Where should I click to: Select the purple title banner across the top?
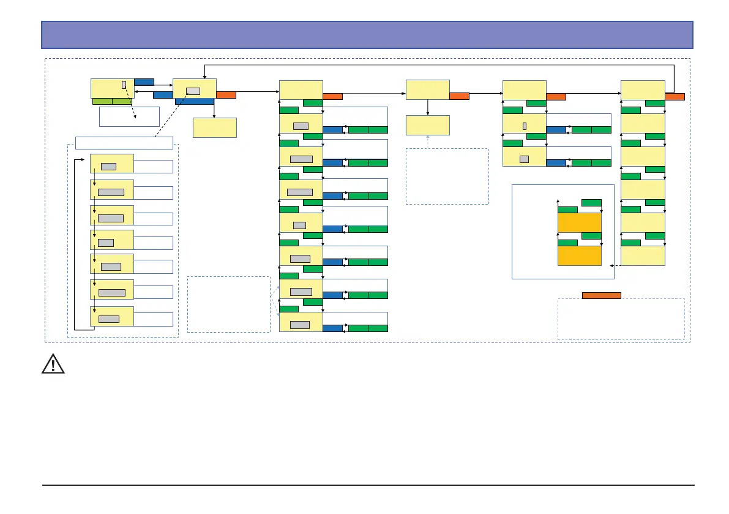tap(367, 35)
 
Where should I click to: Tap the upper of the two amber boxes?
tap(579, 223)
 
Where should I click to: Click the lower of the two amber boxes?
tap(579, 256)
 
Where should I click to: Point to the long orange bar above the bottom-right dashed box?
tap(601, 295)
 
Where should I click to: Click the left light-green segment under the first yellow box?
tap(102, 102)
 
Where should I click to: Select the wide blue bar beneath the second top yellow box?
tap(194, 102)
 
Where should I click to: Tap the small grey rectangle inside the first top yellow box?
tap(124, 85)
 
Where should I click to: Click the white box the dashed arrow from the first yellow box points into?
tap(129, 116)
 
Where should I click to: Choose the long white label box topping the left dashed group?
tap(124, 143)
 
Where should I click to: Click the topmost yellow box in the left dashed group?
tap(111, 164)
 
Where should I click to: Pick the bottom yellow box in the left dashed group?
tap(111, 316)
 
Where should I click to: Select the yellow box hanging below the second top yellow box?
tap(214, 127)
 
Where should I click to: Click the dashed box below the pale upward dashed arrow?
tap(447, 176)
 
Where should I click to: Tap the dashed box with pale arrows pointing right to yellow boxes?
tap(228, 304)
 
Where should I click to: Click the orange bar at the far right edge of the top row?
tap(675, 96)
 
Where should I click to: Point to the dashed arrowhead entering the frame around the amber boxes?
tap(613, 265)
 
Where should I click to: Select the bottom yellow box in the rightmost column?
tap(643, 255)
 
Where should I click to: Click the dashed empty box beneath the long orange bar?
tap(621, 319)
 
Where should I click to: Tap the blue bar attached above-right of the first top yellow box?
tap(144, 81)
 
